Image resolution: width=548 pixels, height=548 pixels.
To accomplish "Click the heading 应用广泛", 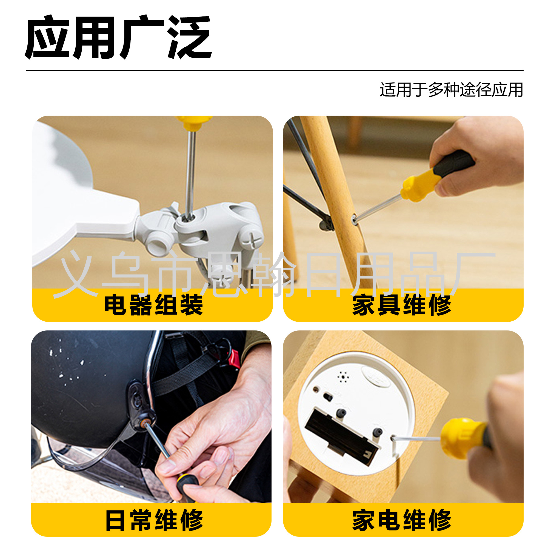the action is pos(119,37).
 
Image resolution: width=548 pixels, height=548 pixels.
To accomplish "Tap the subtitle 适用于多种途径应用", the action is pos(451,90).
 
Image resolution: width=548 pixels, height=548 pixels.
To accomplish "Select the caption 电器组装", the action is pos(154,305).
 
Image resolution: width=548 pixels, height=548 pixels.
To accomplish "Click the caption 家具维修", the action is pos(402,305).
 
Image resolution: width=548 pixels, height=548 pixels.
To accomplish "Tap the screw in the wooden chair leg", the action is pos(354,219).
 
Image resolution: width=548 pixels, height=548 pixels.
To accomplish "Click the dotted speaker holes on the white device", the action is pos(343,377).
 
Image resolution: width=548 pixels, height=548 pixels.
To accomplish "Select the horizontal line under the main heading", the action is pos(275,70).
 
